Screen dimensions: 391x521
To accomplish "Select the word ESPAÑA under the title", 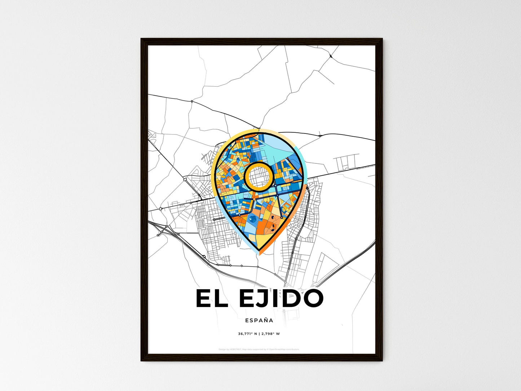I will click(259, 320).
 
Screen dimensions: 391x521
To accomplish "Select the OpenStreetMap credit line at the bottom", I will click(259, 349).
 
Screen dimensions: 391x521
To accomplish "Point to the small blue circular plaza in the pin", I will click(253, 219).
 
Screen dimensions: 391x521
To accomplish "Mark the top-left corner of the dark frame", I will click(142, 39).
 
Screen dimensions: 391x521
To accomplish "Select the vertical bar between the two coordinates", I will click(259, 334).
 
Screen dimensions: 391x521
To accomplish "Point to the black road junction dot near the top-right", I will click(331, 56).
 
